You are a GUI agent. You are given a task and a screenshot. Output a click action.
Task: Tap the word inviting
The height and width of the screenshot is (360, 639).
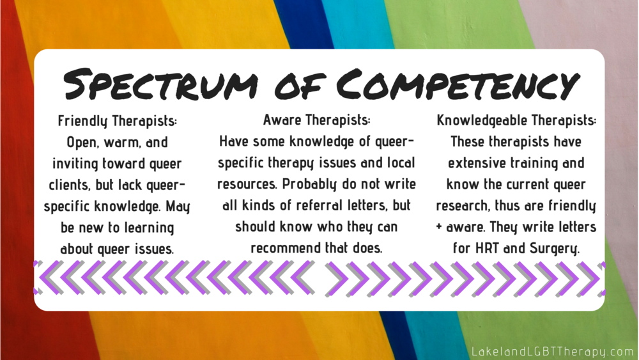[x=75, y=164]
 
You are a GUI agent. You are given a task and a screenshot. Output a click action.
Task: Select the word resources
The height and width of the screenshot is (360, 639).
[x=247, y=184]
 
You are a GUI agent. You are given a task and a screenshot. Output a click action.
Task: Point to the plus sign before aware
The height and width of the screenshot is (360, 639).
[x=439, y=227]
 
